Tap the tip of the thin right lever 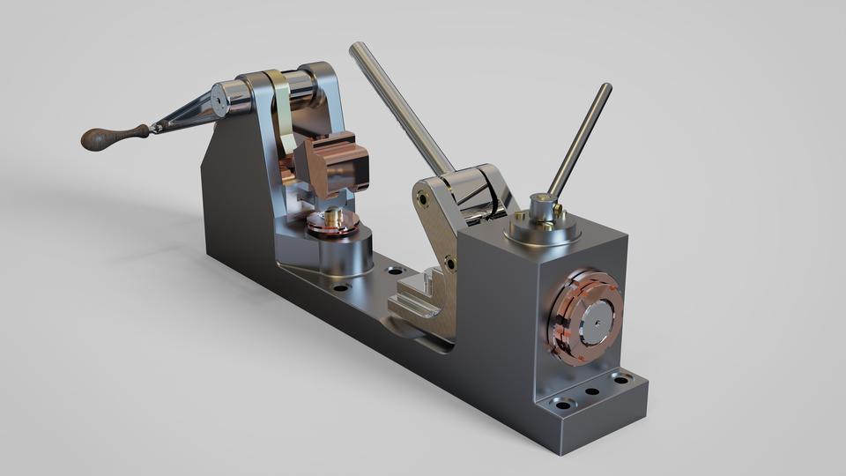point(605,88)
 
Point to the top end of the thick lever point(356,48)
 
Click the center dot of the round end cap point(592,323)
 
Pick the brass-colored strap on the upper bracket point(284,115)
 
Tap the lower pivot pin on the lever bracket point(450,262)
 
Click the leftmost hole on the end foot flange point(561,405)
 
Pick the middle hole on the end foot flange point(592,391)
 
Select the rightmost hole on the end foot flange point(621,379)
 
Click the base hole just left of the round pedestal point(340,286)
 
